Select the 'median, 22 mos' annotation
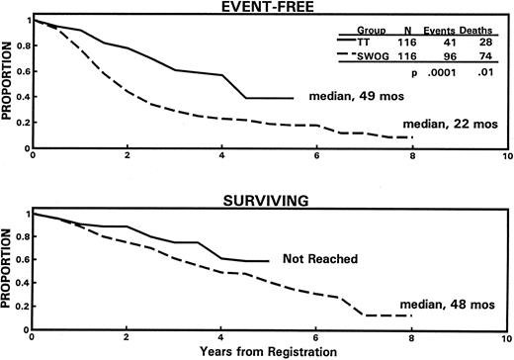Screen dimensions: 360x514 tap(456, 123)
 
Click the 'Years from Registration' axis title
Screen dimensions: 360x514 tap(269, 351)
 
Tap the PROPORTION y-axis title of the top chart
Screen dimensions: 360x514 tap(8, 84)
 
